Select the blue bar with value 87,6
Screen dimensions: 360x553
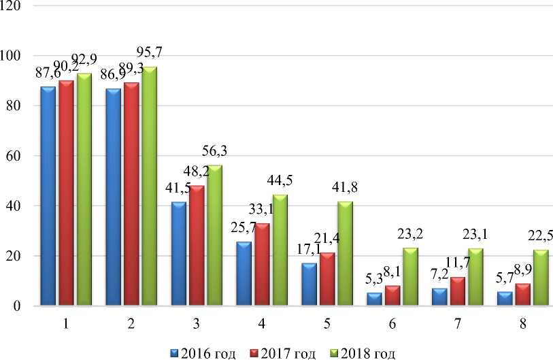pos(48,197)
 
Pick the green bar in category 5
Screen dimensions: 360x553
pos(344,255)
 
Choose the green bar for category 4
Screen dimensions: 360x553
pos(280,251)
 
